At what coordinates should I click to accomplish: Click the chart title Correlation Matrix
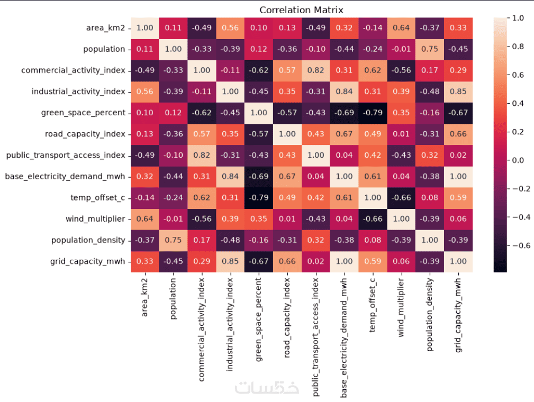point(301,10)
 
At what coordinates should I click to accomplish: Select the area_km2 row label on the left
point(105,28)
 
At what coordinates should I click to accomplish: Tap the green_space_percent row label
point(83,113)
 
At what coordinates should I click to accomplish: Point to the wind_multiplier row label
point(95,219)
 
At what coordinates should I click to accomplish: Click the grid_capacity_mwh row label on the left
point(87,261)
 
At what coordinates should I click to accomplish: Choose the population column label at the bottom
point(174,298)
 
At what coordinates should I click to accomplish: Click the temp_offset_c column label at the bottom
point(373,305)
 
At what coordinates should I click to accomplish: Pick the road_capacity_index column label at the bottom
point(287,318)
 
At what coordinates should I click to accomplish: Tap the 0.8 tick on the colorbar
point(518,47)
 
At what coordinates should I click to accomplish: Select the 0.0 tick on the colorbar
point(518,160)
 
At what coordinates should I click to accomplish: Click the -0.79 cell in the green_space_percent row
point(373,113)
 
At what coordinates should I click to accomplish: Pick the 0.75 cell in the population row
point(430,49)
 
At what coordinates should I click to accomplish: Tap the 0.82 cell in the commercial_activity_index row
point(316,70)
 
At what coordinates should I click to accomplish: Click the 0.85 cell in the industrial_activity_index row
point(458,92)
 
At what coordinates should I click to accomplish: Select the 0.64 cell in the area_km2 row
point(401,28)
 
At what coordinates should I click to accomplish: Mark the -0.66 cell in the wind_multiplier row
point(373,219)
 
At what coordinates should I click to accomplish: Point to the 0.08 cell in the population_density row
point(373,240)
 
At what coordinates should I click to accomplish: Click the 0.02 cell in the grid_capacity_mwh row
point(316,261)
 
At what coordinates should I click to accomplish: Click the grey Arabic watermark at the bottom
point(267,387)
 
